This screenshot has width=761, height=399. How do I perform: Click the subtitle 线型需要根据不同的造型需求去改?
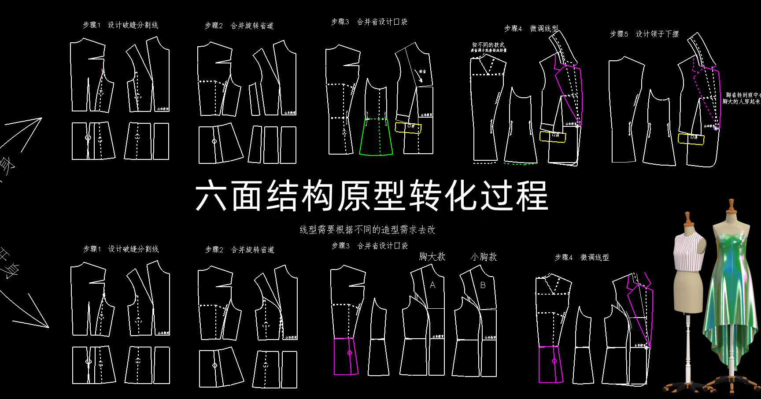[367, 229]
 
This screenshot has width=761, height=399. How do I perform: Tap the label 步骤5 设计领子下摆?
[644, 34]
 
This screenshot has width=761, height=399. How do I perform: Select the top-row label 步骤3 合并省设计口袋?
[369, 22]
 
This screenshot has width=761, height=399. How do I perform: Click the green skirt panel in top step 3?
[376, 137]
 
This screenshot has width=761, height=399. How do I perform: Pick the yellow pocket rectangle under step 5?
[691, 139]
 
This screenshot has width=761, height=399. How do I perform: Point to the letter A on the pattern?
[432, 285]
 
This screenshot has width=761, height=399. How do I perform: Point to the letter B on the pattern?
[483, 285]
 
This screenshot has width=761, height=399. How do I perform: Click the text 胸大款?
[432, 257]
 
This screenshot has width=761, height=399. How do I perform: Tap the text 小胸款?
[484, 257]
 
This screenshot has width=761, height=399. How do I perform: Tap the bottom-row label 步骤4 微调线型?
[581, 258]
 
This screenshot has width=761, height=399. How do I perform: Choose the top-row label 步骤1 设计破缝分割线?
[120, 25]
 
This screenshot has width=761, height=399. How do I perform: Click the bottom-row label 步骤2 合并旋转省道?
[240, 250]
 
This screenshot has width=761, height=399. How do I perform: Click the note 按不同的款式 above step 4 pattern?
[488, 45]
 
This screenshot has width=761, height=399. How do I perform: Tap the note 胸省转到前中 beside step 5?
[743, 95]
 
